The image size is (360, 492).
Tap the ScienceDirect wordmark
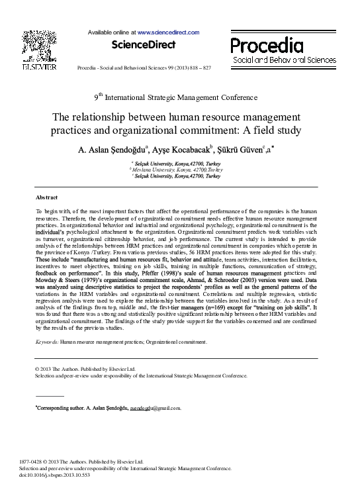click(x=144, y=45)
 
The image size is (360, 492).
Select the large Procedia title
click(x=267, y=45)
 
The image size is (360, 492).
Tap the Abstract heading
click(x=46, y=198)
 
